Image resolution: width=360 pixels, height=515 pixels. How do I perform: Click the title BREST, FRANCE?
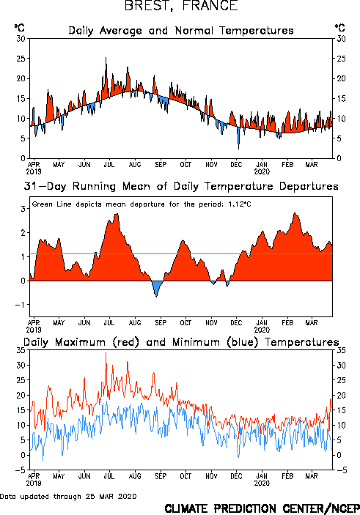pos(181,6)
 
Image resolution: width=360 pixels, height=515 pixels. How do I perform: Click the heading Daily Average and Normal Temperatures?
pos(181,31)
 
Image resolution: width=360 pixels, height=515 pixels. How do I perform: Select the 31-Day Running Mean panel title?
pos(181,186)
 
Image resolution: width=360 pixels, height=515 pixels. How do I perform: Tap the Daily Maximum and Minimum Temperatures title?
pos(181,342)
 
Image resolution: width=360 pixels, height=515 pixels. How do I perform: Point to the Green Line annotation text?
pos(142,204)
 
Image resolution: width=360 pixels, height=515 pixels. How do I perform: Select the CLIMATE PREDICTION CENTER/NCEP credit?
pos(262,508)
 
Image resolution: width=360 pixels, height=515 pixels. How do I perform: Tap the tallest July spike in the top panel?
pos(106,58)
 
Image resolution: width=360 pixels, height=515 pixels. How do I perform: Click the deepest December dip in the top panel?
pos(239,149)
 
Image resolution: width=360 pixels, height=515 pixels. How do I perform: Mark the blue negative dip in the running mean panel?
pos(156,289)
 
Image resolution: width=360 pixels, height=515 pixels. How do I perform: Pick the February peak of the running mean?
pos(295,213)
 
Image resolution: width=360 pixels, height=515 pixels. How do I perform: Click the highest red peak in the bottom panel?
pos(106,353)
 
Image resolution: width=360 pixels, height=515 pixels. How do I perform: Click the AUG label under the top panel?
pos(135,164)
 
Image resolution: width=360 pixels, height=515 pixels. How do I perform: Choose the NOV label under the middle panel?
pos(211,323)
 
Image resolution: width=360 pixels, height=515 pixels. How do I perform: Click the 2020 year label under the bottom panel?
pos(262,483)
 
